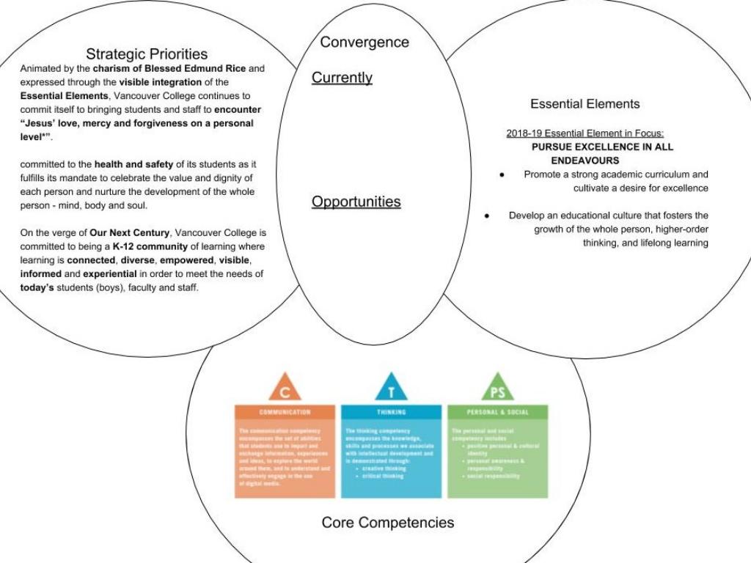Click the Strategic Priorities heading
click(147, 54)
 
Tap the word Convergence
click(364, 43)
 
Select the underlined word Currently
click(342, 78)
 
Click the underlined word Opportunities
click(356, 202)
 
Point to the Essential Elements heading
click(585, 104)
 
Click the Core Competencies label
click(388, 523)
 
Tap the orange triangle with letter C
click(285, 388)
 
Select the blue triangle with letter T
click(391, 388)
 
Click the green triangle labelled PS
click(497, 388)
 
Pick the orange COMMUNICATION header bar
click(285, 412)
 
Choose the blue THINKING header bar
click(391, 412)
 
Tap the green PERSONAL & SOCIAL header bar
click(497, 412)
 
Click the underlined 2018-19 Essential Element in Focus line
click(585, 133)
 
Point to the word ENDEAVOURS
click(585, 161)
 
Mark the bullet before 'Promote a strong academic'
click(502, 175)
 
